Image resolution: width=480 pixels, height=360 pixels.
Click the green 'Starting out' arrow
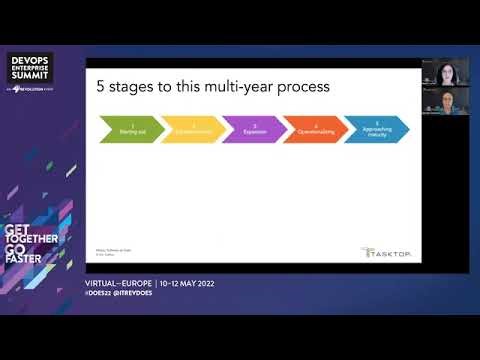[127, 129]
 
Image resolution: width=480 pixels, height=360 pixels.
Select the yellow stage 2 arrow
[189, 129]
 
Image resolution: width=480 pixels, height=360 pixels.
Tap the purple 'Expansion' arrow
[249, 129]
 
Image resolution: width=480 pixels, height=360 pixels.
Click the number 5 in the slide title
[101, 87]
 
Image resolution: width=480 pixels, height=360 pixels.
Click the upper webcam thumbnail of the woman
[445, 72]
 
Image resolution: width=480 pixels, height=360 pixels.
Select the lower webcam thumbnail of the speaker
[445, 102]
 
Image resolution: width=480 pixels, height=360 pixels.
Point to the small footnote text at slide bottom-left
[110, 253]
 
